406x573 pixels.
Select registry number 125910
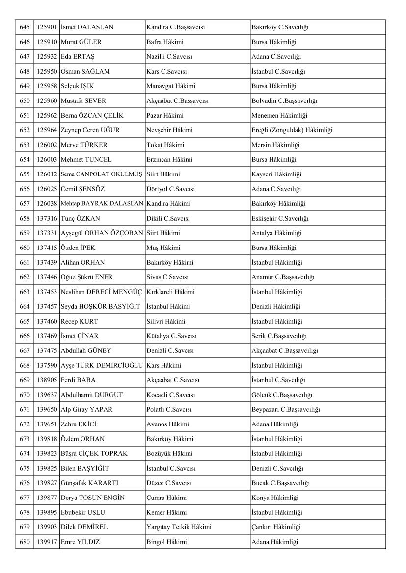[47, 42]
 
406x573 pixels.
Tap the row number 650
[25, 100]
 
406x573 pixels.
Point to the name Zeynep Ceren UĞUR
[90, 130]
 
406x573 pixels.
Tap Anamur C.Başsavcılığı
[283, 277]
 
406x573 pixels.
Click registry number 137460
[47, 321]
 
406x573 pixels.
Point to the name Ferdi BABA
[78, 380]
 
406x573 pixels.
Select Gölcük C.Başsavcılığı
[282, 395]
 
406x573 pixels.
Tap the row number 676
[25, 483]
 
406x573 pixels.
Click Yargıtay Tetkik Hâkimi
[179, 527]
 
